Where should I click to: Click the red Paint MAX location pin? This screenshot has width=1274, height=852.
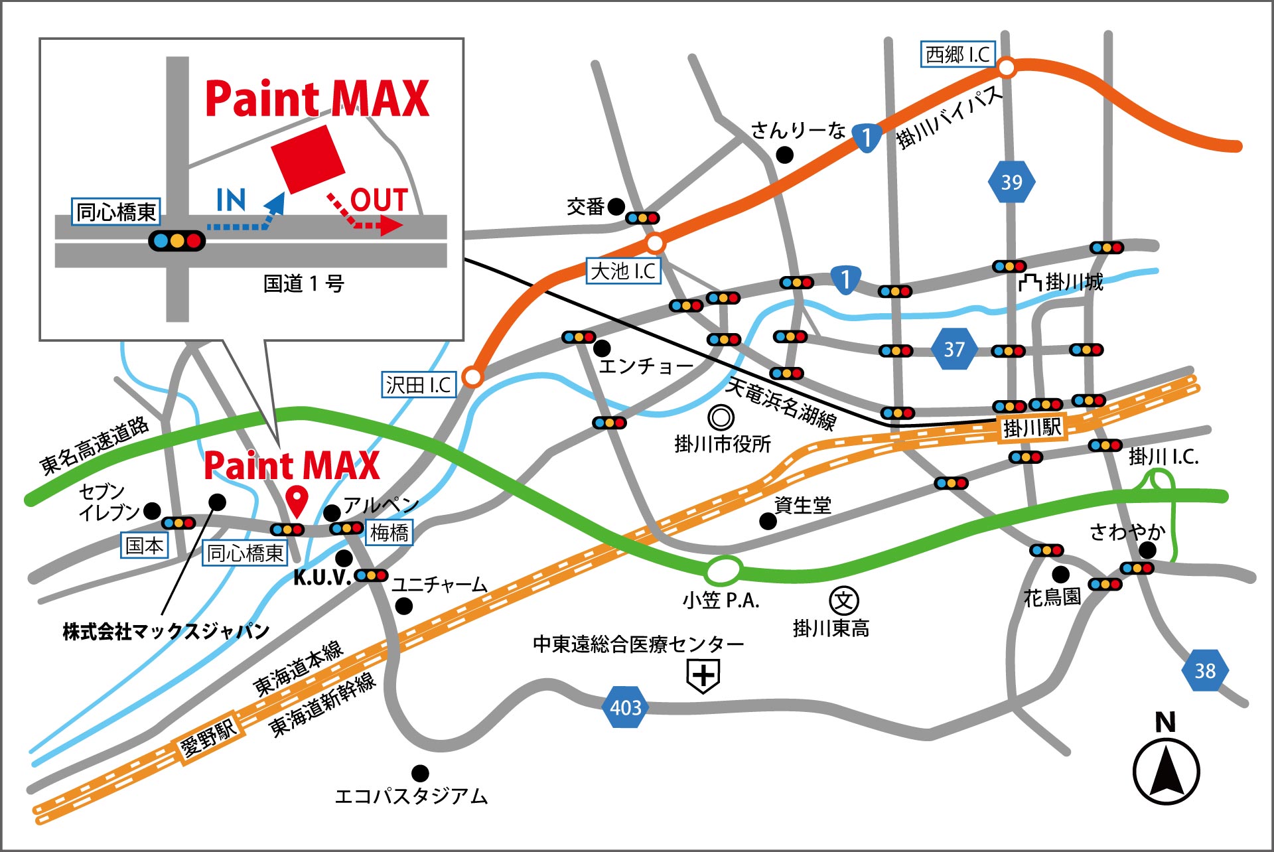[x=297, y=500]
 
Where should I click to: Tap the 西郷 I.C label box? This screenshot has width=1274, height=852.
[x=957, y=54]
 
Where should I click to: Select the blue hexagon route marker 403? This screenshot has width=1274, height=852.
[x=625, y=707]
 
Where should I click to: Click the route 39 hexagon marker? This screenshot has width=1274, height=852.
[x=1011, y=182]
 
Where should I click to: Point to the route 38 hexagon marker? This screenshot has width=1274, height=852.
[x=1205, y=670]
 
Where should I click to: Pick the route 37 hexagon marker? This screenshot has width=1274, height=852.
[x=954, y=349]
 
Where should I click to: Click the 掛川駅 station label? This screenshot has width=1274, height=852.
[x=1032, y=427]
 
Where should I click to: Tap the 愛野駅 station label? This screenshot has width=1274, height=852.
[x=208, y=737]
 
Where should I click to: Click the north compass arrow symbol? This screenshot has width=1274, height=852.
[x=1166, y=770]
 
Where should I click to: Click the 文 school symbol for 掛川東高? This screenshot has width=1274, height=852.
[x=844, y=601]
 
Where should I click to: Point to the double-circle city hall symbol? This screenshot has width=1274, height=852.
[x=721, y=418]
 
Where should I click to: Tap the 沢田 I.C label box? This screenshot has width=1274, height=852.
[x=419, y=385]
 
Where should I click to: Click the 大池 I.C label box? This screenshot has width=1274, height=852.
[x=623, y=271]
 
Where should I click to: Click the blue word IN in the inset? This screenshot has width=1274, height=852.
[x=231, y=200]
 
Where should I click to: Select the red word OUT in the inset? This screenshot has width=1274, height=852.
[x=378, y=200]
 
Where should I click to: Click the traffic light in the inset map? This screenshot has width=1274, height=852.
[x=177, y=240]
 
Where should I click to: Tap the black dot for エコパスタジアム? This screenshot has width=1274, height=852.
[x=420, y=773]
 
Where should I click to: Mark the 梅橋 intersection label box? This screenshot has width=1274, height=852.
[x=389, y=532]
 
